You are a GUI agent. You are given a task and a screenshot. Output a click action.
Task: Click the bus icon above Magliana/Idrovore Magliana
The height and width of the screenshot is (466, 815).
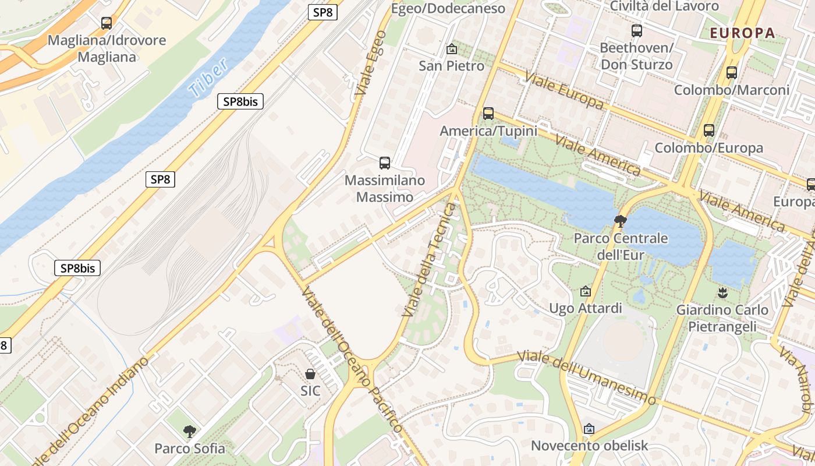click(x=107, y=23)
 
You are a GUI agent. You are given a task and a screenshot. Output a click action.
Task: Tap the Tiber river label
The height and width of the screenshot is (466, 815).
click(x=208, y=79)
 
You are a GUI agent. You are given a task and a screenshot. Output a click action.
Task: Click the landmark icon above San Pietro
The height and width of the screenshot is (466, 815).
click(x=451, y=49)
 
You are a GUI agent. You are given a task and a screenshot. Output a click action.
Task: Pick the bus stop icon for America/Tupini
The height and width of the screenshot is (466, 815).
click(x=488, y=114)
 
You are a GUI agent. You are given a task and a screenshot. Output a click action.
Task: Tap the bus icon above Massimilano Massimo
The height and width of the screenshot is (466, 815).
click(x=384, y=163)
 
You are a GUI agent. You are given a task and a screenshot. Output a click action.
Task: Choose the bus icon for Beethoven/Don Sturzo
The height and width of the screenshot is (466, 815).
click(x=636, y=31)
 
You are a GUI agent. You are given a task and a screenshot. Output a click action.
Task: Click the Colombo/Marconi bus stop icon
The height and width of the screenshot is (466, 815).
click(x=732, y=73)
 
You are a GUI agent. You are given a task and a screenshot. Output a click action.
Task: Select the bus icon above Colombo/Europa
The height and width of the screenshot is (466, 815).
click(x=708, y=130)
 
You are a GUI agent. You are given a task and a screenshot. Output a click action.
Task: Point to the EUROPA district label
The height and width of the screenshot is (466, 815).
click(x=742, y=33)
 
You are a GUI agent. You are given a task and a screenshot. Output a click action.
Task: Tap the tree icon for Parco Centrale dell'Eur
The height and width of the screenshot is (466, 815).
click(x=621, y=221)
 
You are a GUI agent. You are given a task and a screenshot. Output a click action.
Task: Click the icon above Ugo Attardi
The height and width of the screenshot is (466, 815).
click(x=586, y=291)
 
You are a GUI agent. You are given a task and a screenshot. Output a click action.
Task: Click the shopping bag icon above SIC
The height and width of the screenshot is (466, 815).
click(x=310, y=373)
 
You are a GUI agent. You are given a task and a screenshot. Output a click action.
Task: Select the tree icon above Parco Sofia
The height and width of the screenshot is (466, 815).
click(x=189, y=432)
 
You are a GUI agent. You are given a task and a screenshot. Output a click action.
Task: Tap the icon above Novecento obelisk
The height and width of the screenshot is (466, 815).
click(x=589, y=429)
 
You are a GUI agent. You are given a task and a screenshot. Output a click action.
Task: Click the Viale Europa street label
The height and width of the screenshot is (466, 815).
click(x=564, y=90)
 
